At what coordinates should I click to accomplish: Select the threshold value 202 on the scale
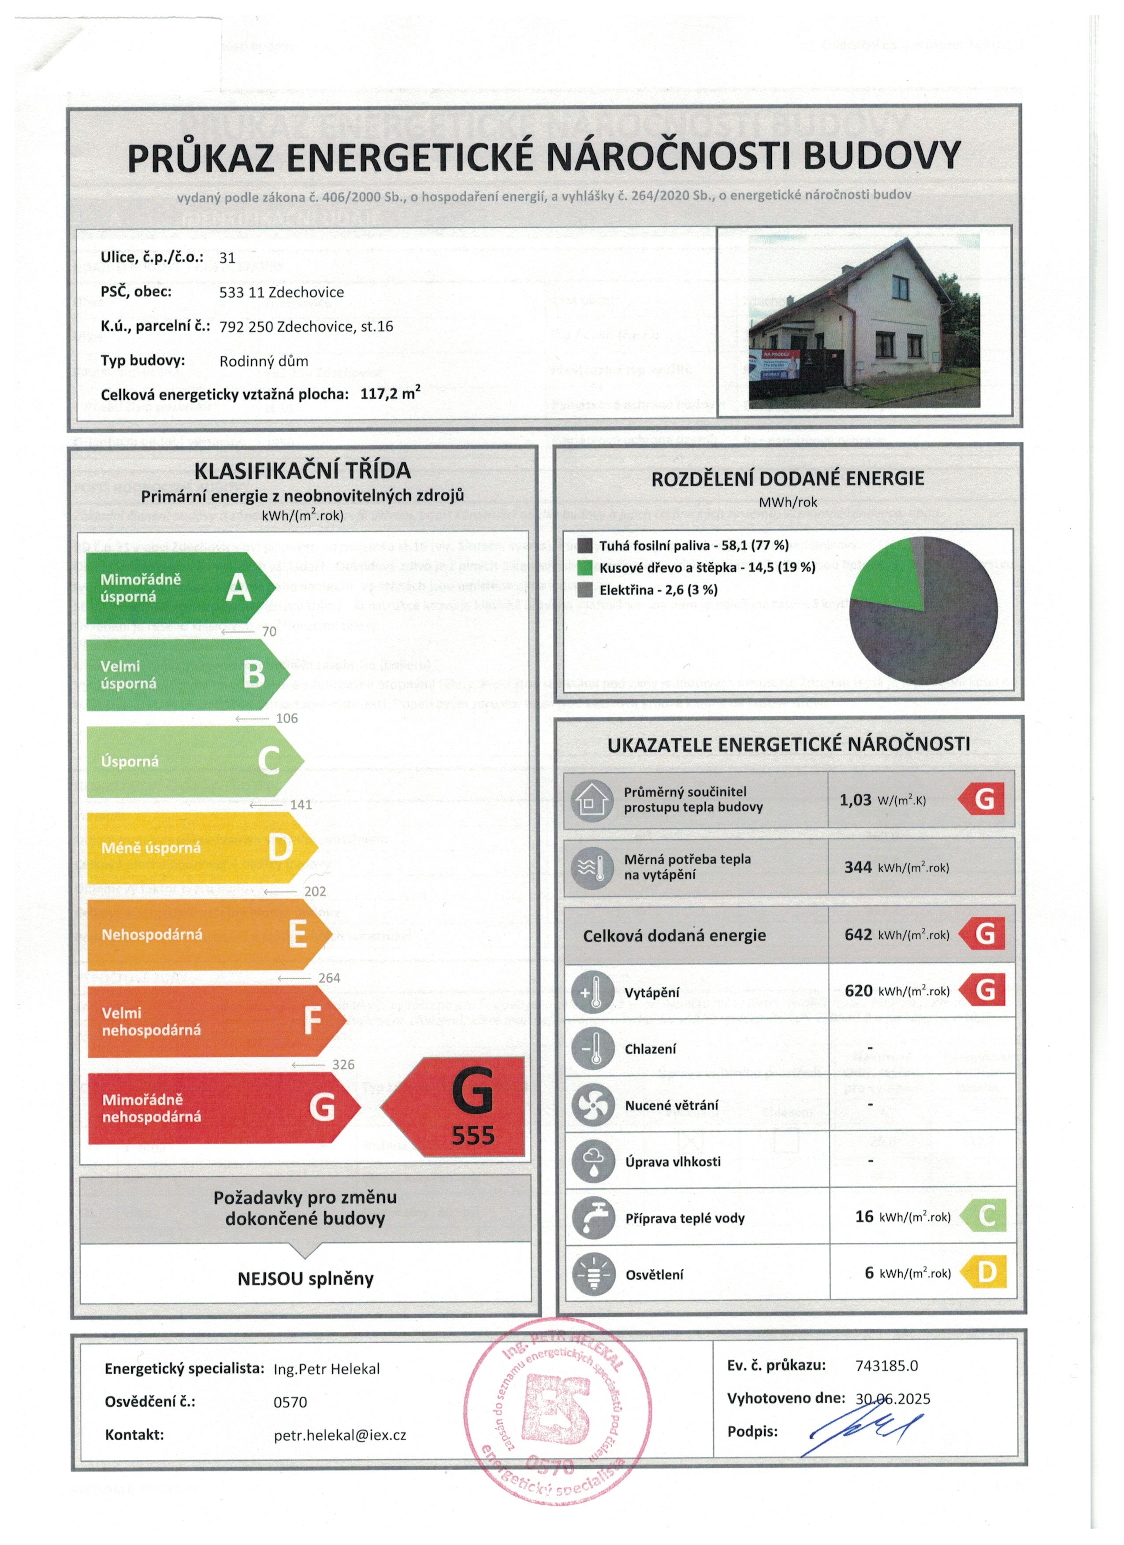[x=315, y=891]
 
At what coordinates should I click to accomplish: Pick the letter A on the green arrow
[x=238, y=587]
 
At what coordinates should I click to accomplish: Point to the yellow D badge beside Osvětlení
[x=985, y=1272]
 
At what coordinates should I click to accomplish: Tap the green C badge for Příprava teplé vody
[x=985, y=1216]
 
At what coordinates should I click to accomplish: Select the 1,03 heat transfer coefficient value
[x=855, y=800]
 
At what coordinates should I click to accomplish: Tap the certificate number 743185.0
[x=886, y=1365]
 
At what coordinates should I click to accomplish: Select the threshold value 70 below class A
[x=269, y=631]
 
